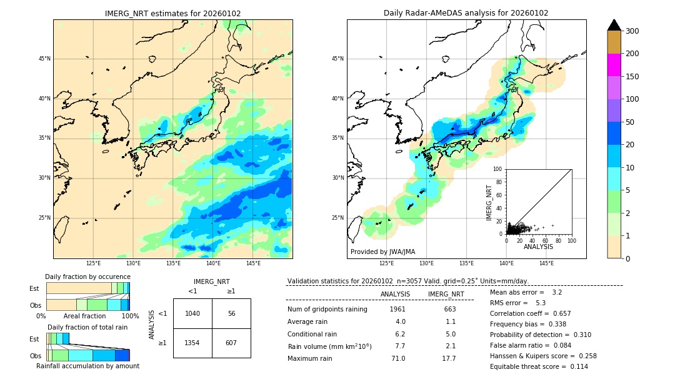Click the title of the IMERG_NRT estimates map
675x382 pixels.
pyautogui.click(x=172, y=13)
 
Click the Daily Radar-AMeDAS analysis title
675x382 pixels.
pyautogui.click(x=466, y=13)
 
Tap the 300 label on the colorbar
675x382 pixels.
pyautogui.click(x=632, y=31)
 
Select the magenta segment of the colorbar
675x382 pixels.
pyautogui.click(x=614, y=65)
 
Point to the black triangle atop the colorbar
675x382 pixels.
pyautogui.click(x=614, y=25)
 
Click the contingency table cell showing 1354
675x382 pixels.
pyautogui.click(x=192, y=343)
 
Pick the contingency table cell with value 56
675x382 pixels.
pyautogui.click(x=231, y=313)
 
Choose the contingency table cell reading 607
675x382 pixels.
pyautogui.click(x=231, y=343)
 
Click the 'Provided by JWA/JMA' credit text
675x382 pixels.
pyautogui.click(x=382, y=252)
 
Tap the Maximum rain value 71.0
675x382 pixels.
pyautogui.click(x=397, y=358)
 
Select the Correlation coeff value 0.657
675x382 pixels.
pyautogui.click(x=557, y=313)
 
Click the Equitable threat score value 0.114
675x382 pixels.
pyautogui.click(x=575, y=366)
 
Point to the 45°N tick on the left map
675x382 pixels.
pyautogui.click(x=44, y=59)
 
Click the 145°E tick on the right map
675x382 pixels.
pyautogui.click(x=546, y=263)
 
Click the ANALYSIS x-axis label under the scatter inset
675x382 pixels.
pyautogui.click(x=539, y=247)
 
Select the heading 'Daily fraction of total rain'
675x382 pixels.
pyautogui.click(x=87, y=327)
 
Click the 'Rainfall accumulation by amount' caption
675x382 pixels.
pyautogui.click(x=87, y=366)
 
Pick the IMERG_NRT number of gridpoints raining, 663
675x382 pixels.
pyautogui.click(x=450, y=309)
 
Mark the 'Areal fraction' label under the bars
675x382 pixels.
pyautogui.click(x=84, y=316)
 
